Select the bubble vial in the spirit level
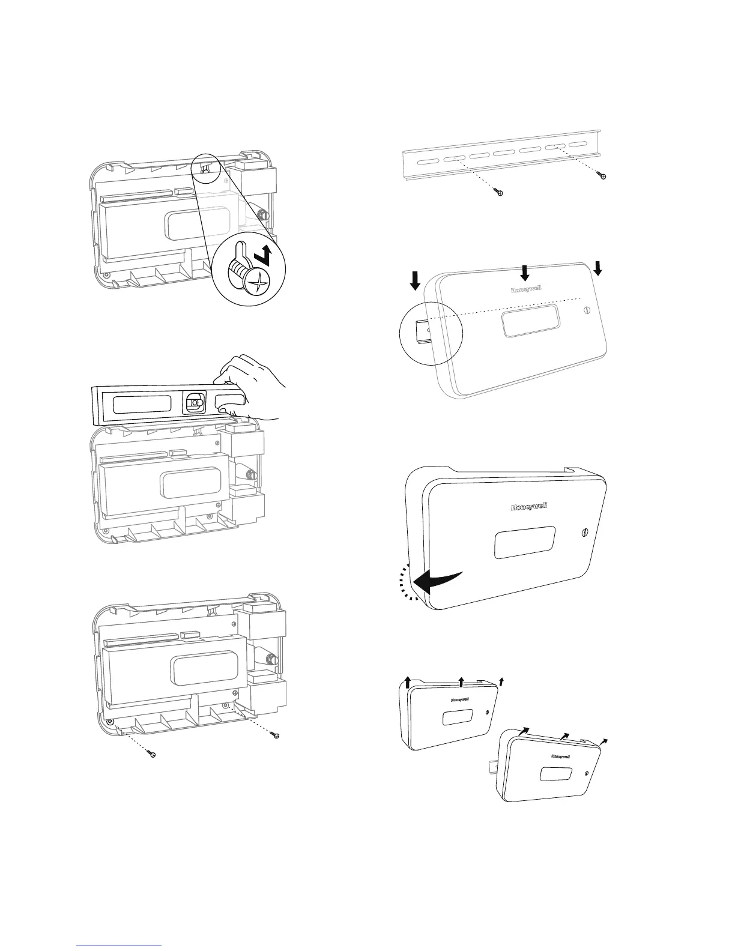tap(193, 403)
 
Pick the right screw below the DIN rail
tap(603, 176)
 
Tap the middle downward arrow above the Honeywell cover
tap(525, 273)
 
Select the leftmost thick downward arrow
tap(416, 280)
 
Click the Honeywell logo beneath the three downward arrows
tap(525, 289)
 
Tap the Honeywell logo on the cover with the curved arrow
tap(528, 507)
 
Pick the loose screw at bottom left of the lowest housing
tap(153, 754)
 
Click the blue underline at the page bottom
tap(120, 946)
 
